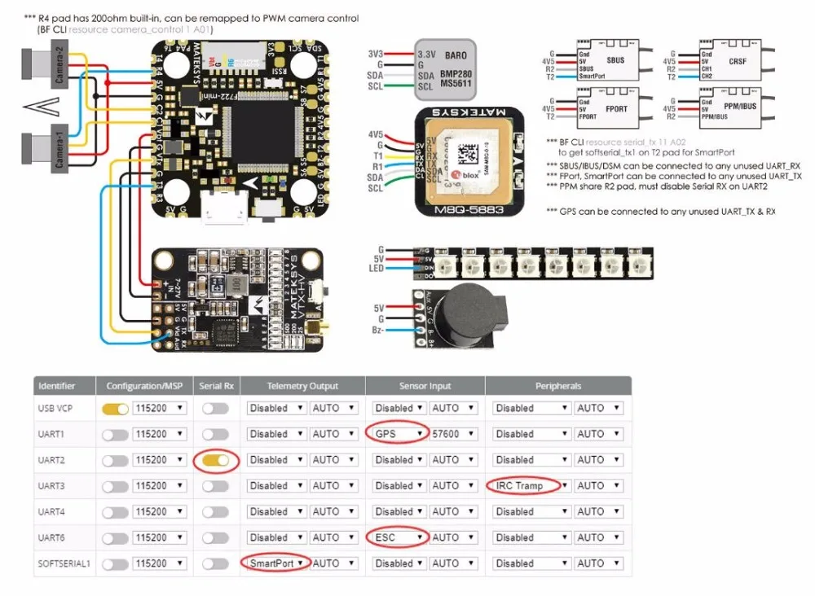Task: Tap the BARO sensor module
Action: tap(445, 68)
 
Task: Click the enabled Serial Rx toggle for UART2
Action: tap(215, 460)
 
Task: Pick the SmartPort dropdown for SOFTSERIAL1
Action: tap(276, 563)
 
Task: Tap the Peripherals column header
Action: tap(558, 386)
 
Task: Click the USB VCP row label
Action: tap(57, 408)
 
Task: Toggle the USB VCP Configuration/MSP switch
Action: tap(115, 408)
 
